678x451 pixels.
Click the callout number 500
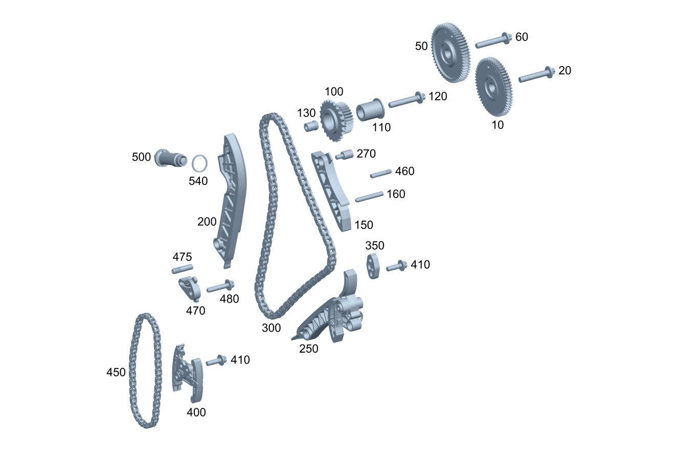coord(141,157)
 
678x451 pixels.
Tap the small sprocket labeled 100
coord(336,121)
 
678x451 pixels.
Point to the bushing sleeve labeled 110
coord(370,110)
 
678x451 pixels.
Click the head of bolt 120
coord(421,97)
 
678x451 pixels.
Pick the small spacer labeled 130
coord(311,126)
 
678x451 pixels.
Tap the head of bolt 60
coord(507,38)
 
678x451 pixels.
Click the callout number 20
coord(564,70)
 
